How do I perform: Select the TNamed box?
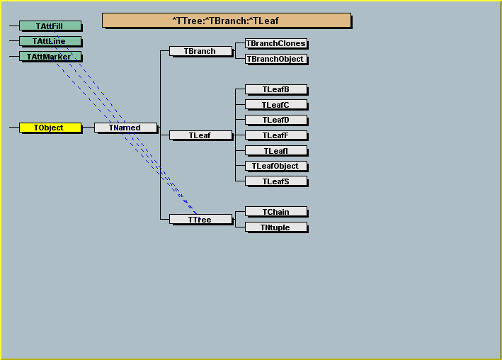point(125,128)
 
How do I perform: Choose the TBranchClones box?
point(276,43)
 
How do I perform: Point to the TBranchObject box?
point(276,59)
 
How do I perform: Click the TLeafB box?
point(276,89)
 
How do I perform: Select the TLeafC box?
point(276,105)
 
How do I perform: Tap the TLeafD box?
point(276,120)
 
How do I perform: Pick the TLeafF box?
point(276,135)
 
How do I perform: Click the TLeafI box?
point(276,151)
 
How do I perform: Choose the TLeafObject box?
point(276,166)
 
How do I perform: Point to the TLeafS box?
point(276,181)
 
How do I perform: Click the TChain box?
point(276,212)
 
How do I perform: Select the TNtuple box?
point(276,227)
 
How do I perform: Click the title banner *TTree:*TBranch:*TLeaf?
point(227,21)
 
